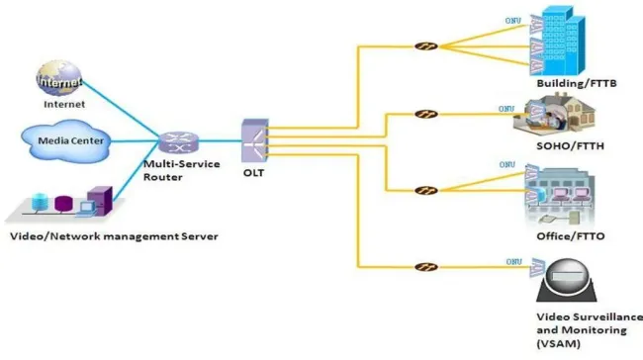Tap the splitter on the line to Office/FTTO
(x=425, y=190)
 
